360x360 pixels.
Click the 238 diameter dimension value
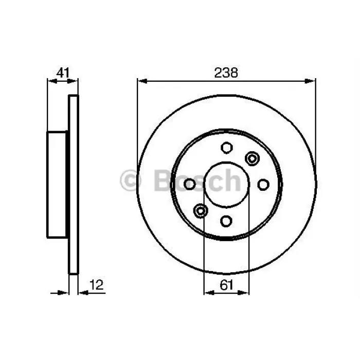click(226, 73)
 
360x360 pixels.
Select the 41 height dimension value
click(63, 73)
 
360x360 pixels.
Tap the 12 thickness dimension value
click(97, 285)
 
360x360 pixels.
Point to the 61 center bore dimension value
click(226, 285)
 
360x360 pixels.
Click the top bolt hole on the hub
click(227, 148)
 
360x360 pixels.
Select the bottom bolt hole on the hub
click(226, 221)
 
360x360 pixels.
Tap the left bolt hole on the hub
click(190, 184)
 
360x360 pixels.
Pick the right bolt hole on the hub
click(263, 185)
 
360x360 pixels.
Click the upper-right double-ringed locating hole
click(253, 158)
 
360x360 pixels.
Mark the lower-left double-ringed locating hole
click(201, 210)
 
